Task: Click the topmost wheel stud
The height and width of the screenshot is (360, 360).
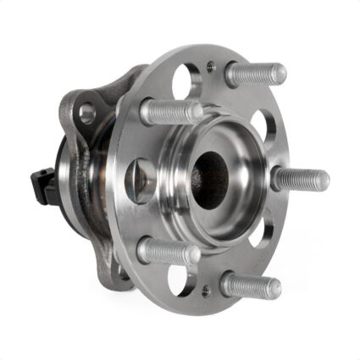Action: tap(254, 75)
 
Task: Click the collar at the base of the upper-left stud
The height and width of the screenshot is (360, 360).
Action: tap(149, 110)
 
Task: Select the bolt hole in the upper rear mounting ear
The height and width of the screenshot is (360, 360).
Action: tap(87, 111)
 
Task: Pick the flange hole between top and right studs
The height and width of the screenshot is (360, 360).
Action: tap(261, 128)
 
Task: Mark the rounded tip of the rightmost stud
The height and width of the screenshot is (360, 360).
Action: tap(324, 180)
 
